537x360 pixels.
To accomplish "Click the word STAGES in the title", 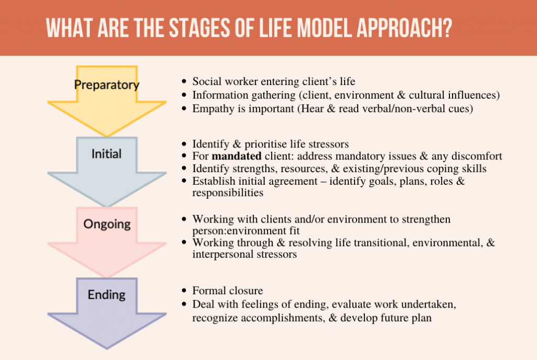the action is tap(200, 28).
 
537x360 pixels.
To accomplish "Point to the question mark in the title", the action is tap(446, 28).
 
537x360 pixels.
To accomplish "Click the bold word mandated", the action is tap(237, 156).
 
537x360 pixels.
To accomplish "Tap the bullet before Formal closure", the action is tap(184, 291).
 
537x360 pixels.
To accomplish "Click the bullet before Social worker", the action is tap(184, 81).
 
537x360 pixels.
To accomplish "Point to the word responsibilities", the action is tap(228, 193).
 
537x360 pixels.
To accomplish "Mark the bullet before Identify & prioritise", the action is tap(184, 144).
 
